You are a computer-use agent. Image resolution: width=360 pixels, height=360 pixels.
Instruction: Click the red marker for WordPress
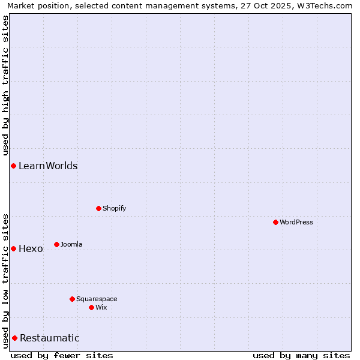pyautogui.click(x=275, y=222)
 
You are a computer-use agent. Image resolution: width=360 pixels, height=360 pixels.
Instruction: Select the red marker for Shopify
pyautogui.click(x=98, y=208)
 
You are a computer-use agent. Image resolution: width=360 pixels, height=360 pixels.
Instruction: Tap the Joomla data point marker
pyautogui.click(x=56, y=244)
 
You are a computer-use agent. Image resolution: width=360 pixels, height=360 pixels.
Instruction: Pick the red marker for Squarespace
pyautogui.click(x=72, y=299)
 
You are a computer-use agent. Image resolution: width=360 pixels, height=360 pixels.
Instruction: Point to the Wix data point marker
pyautogui.click(x=91, y=307)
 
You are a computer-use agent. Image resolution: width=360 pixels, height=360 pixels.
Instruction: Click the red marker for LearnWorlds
pyautogui.click(x=13, y=166)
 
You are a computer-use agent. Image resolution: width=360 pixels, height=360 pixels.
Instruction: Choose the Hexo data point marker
pyautogui.click(x=13, y=248)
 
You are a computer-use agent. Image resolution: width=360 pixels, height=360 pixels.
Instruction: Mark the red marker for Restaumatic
pyautogui.click(x=14, y=338)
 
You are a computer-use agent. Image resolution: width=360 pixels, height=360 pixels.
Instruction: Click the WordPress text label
pyautogui.click(x=296, y=223)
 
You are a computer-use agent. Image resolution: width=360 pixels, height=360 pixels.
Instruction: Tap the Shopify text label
pyautogui.click(x=115, y=209)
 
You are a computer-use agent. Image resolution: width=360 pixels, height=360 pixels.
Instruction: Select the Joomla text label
pyautogui.click(x=71, y=245)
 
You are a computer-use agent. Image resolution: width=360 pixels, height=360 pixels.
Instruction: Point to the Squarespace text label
pyautogui.click(x=97, y=299)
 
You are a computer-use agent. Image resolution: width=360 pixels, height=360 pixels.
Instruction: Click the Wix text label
pyautogui.click(x=101, y=308)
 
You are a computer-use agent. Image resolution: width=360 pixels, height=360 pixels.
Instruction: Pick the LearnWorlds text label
pyautogui.click(x=48, y=166)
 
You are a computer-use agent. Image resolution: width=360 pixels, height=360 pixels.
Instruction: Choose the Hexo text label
pyautogui.click(x=31, y=249)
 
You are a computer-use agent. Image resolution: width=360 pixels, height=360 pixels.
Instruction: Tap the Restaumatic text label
pyautogui.click(x=50, y=338)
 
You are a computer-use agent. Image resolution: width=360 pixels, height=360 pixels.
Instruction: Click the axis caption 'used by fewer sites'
pyautogui.click(x=62, y=355)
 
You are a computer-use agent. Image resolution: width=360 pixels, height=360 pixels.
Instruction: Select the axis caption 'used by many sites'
pyautogui.click(x=301, y=355)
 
